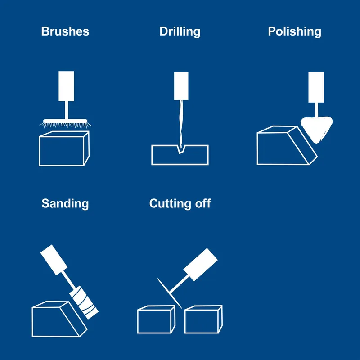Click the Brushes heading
(65, 31)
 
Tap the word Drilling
(180, 31)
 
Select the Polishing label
(295, 31)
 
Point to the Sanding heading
(65, 204)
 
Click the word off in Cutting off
(203, 203)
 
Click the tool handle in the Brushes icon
(66, 86)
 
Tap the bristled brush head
(65, 123)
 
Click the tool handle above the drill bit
(181, 86)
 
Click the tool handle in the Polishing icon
(316, 87)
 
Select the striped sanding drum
(84, 302)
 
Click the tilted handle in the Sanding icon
(54, 260)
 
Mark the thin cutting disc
(170, 293)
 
